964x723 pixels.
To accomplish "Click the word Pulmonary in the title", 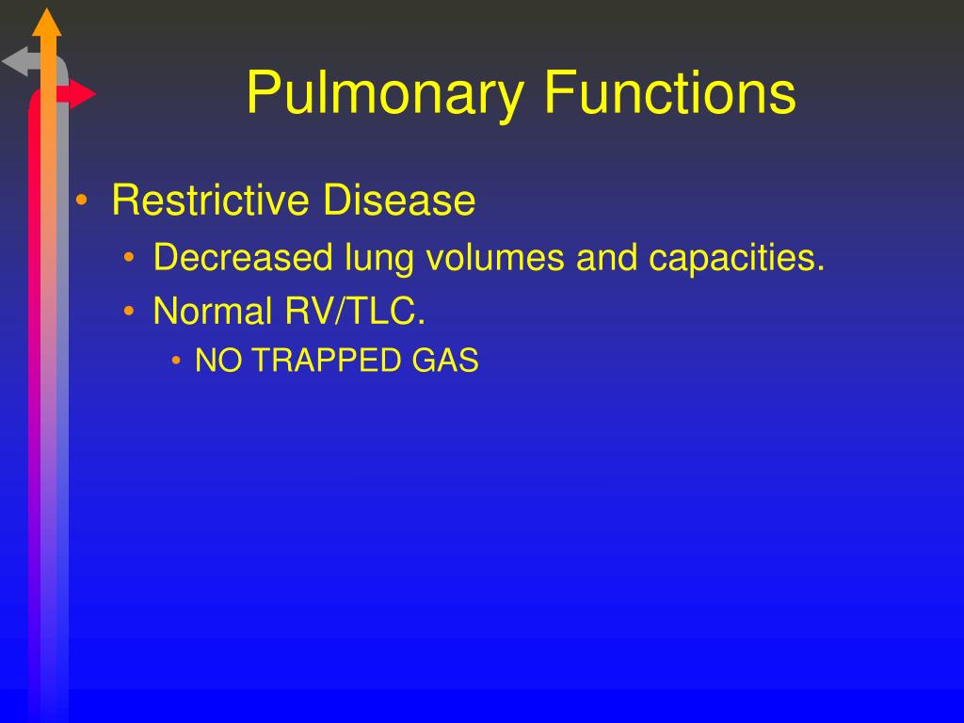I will [x=387, y=95].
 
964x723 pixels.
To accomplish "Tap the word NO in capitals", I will [x=213, y=361].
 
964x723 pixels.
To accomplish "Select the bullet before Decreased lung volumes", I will [x=131, y=259].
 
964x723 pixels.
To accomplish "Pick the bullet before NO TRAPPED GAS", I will [x=177, y=361].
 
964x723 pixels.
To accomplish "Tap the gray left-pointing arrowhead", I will [x=16, y=63].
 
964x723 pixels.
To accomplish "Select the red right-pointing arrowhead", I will [x=83, y=94].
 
